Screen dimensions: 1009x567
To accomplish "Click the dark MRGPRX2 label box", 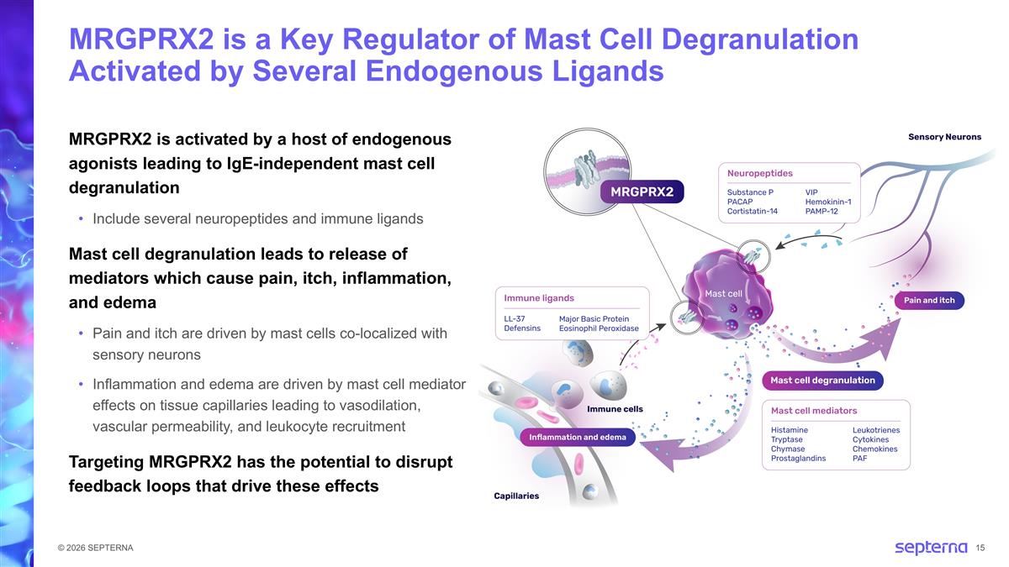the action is pos(642,192).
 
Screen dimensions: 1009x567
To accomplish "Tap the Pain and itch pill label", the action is pos(929,300).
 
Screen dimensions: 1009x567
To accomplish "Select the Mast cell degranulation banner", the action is pos(821,381).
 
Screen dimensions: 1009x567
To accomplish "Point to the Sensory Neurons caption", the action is pos(944,137).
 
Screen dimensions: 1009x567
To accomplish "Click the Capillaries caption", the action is pos(515,496).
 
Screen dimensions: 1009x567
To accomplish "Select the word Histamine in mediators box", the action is pos(789,430).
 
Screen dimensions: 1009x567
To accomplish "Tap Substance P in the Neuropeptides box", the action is pos(750,192).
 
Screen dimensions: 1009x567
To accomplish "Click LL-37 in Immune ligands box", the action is pos(515,319).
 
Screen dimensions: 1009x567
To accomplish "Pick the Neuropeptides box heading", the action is pos(759,173).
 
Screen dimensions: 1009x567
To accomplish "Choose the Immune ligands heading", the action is pos(539,297).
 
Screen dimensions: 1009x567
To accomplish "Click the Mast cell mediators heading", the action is pos(813,411).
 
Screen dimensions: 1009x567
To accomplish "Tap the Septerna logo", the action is pos(930,548).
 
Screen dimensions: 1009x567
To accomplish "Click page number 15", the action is pos(981,549).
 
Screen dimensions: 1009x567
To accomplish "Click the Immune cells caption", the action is pos(614,409).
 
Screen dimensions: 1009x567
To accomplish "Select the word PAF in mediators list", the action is pos(859,459).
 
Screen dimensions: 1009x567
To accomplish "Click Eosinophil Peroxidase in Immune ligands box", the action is pos(598,328).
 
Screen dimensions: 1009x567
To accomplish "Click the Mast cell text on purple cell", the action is pos(722,293).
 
